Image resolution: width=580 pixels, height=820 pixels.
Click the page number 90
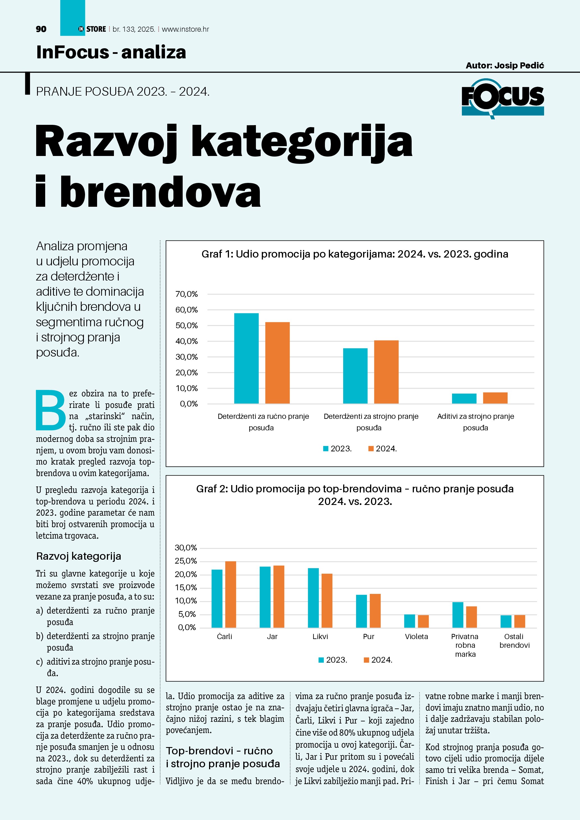(41, 29)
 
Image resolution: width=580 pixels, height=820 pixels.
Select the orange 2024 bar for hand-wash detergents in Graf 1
(277, 362)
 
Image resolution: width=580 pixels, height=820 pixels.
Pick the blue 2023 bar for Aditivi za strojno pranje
(464, 399)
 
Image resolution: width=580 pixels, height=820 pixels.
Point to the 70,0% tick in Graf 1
(186, 294)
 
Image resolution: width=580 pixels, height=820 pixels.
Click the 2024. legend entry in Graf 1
(382, 449)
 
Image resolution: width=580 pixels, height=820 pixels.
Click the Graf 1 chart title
(355, 254)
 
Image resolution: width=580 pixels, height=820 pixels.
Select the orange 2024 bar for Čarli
(230, 594)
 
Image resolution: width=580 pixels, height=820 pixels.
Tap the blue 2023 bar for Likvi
(313, 598)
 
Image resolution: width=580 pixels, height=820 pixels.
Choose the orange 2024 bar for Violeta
(423, 621)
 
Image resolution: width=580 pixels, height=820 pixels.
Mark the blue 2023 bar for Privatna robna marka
(457, 615)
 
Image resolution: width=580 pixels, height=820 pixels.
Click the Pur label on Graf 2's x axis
(369, 637)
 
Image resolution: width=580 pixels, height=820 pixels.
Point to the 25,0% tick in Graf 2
(186, 561)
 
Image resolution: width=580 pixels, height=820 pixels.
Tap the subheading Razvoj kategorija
(79, 556)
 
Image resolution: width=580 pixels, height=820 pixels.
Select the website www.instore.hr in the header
(185, 29)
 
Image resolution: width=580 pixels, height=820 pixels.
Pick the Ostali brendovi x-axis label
(514, 641)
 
